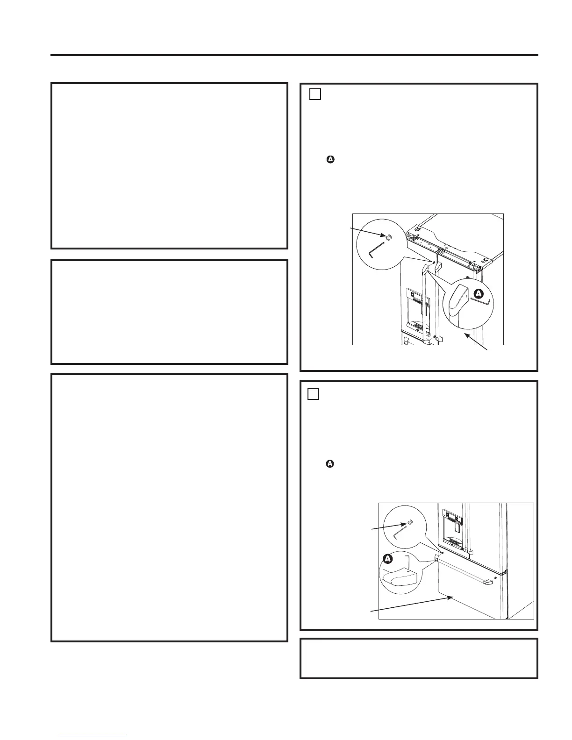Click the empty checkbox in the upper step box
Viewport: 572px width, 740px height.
pos(315,94)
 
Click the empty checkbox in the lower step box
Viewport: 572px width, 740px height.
pos(313,394)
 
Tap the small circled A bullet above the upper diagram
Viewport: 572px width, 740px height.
pos(330,160)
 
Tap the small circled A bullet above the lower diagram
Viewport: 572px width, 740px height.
pos(330,464)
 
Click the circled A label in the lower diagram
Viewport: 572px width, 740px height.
pos(388,558)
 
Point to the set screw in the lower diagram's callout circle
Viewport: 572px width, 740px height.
pos(410,522)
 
